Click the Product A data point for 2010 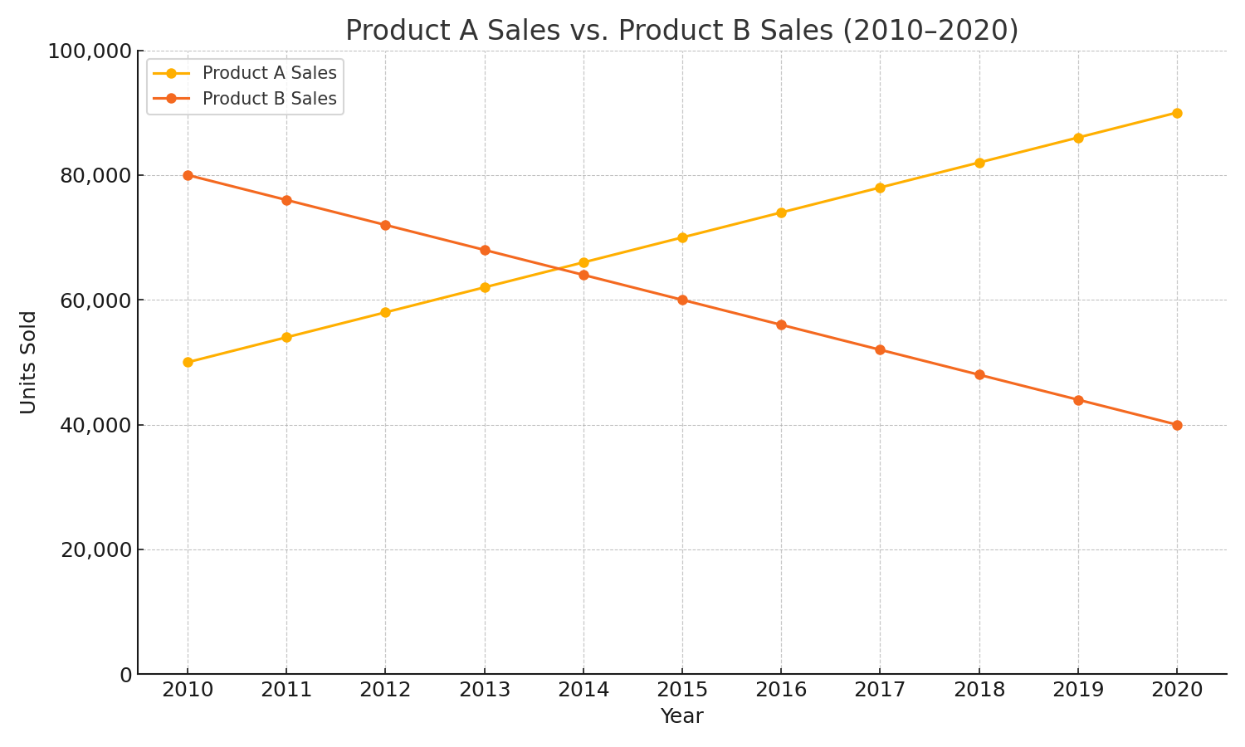pyautogui.click(x=188, y=362)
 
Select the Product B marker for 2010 pyautogui.click(x=188, y=175)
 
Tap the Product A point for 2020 pyautogui.click(x=1177, y=113)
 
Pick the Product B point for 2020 pyautogui.click(x=1177, y=425)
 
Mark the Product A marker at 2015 pyautogui.click(x=682, y=237)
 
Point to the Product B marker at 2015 pyautogui.click(x=682, y=300)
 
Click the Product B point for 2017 pyautogui.click(x=880, y=349)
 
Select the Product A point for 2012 pyautogui.click(x=385, y=312)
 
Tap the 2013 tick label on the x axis pyautogui.click(x=485, y=690)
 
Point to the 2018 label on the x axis pyautogui.click(x=979, y=690)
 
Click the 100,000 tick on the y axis pyautogui.click(x=90, y=51)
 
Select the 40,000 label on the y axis pyautogui.click(x=96, y=425)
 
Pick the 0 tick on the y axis pyautogui.click(x=125, y=675)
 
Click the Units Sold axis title pyautogui.click(x=28, y=362)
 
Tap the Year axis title pyautogui.click(x=681, y=716)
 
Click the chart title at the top pyautogui.click(x=681, y=31)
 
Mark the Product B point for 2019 pyautogui.click(x=1078, y=400)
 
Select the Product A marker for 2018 pyautogui.click(x=979, y=163)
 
